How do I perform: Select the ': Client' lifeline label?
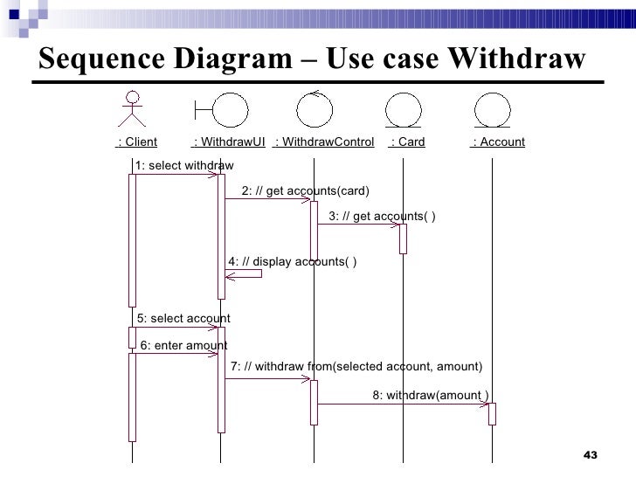136,142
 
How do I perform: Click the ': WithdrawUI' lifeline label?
228,142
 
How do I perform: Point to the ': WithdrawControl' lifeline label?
323,142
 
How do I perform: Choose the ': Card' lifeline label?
406,142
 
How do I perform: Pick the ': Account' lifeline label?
497,142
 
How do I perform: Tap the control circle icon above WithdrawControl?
315,108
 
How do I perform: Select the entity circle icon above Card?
403,110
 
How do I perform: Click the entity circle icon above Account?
492,110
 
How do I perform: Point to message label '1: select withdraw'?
183,166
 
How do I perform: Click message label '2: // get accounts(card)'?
305,191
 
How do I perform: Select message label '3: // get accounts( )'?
383,216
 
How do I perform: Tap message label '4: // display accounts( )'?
292,261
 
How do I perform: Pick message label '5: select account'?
183,319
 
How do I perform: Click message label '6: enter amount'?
183,345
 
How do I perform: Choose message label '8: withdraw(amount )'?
431,395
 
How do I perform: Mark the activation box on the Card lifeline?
403,238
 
